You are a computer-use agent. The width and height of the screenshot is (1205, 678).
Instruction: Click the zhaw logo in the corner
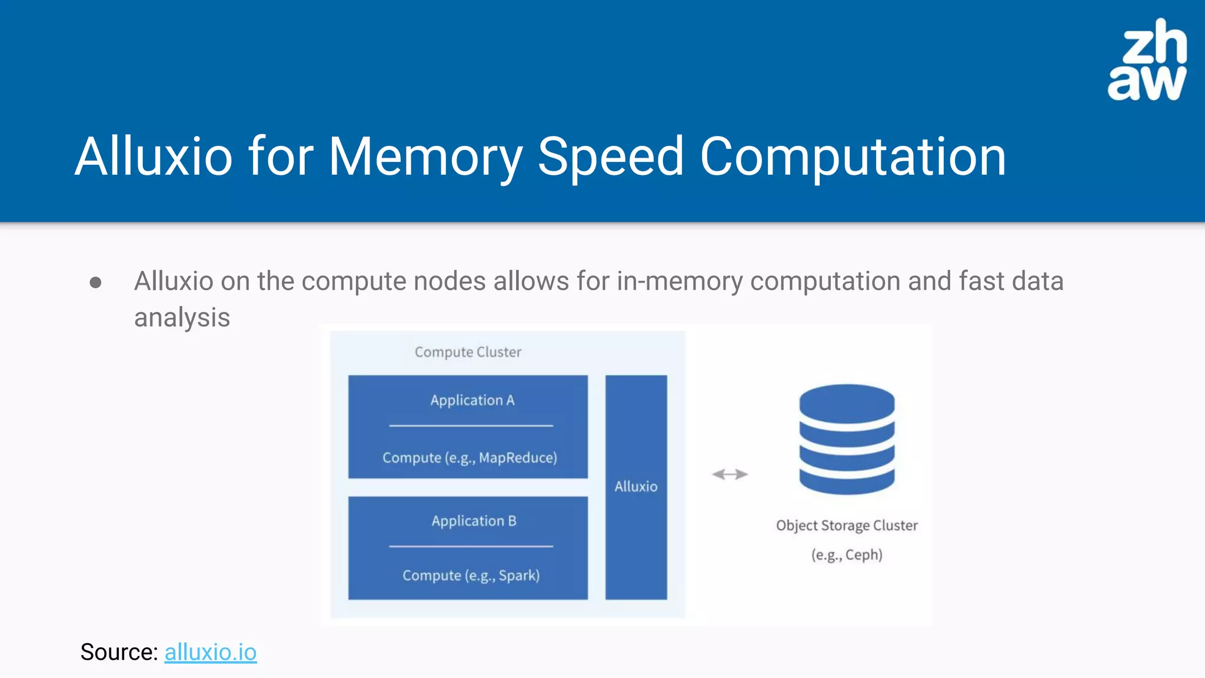(x=1147, y=60)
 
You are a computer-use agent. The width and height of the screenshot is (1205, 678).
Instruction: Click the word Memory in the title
(x=425, y=157)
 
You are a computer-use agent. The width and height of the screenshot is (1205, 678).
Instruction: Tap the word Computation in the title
(x=853, y=157)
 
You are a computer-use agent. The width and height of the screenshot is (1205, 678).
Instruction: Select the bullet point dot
(x=95, y=283)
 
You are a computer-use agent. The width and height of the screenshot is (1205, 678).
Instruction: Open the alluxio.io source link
(x=210, y=652)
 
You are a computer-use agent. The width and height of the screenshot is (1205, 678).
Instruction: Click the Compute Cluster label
(x=468, y=352)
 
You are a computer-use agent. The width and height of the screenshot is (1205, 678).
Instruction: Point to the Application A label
(x=472, y=400)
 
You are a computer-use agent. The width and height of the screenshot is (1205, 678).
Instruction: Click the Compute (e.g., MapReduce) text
(x=470, y=457)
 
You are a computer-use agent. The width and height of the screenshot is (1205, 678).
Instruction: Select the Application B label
(x=474, y=521)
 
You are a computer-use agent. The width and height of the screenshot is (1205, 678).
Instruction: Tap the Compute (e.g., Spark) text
(x=471, y=575)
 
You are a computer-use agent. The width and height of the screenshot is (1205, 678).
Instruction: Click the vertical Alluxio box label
(x=636, y=487)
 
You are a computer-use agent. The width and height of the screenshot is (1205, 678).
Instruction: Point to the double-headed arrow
(x=730, y=474)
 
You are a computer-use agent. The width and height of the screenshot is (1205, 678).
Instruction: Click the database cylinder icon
(x=847, y=439)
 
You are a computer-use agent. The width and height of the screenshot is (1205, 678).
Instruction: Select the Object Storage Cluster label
(x=847, y=526)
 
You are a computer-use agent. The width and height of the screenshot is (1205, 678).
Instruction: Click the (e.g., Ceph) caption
(x=847, y=554)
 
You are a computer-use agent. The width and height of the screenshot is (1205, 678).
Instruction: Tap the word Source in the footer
(x=118, y=652)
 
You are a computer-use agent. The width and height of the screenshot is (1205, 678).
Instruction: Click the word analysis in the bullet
(x=182, y=318)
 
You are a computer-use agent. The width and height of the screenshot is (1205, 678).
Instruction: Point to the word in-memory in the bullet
(x=680, y=281)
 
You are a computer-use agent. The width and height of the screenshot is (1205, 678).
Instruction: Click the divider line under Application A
(x=471, y=426)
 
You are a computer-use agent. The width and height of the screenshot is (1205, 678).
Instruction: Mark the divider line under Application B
(x=471, y=547)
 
